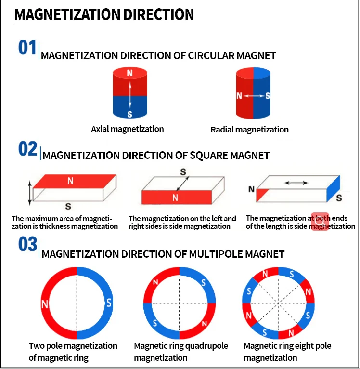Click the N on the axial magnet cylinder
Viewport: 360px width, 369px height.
click(x=129, y=73)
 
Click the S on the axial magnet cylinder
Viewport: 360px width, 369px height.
click(x=129, y=114)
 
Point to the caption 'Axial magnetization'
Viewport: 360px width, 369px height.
click(x=128, y=129)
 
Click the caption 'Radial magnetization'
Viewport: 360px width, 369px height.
click(x=250, y=130)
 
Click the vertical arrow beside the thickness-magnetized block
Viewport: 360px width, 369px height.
click(x=30, y=193)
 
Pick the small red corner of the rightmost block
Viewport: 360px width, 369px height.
click(x=263, y=194)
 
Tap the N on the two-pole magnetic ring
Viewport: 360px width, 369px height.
click(x=45, y=304)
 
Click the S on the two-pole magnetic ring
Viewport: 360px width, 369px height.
click(x=109, y=303)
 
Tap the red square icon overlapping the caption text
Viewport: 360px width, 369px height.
click(x=320, y=222)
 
